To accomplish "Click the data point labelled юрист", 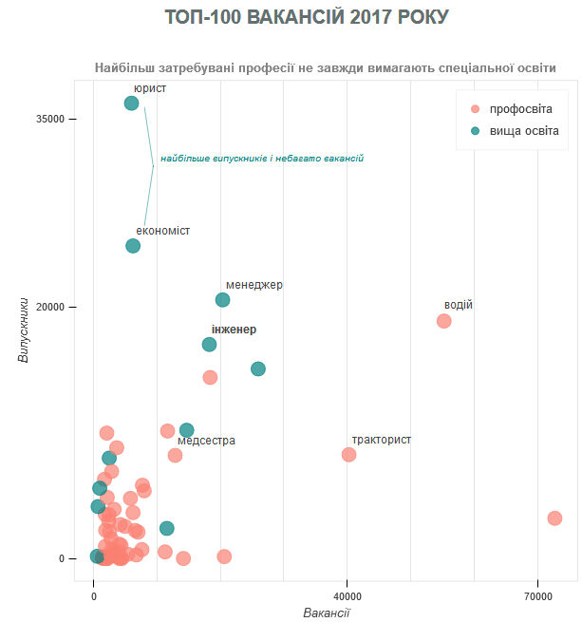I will [132, 104].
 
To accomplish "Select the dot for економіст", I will [133, 246].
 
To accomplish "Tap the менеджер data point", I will [222, 300].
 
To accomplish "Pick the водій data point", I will [443, 321].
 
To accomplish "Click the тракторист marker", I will [348, 455].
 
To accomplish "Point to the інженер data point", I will [209, 345].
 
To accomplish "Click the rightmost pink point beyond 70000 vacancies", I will [554, 518].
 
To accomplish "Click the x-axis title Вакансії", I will [327, 613].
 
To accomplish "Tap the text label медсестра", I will [206, 441].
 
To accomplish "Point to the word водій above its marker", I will [458, 305].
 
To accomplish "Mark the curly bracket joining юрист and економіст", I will [150, 167].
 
